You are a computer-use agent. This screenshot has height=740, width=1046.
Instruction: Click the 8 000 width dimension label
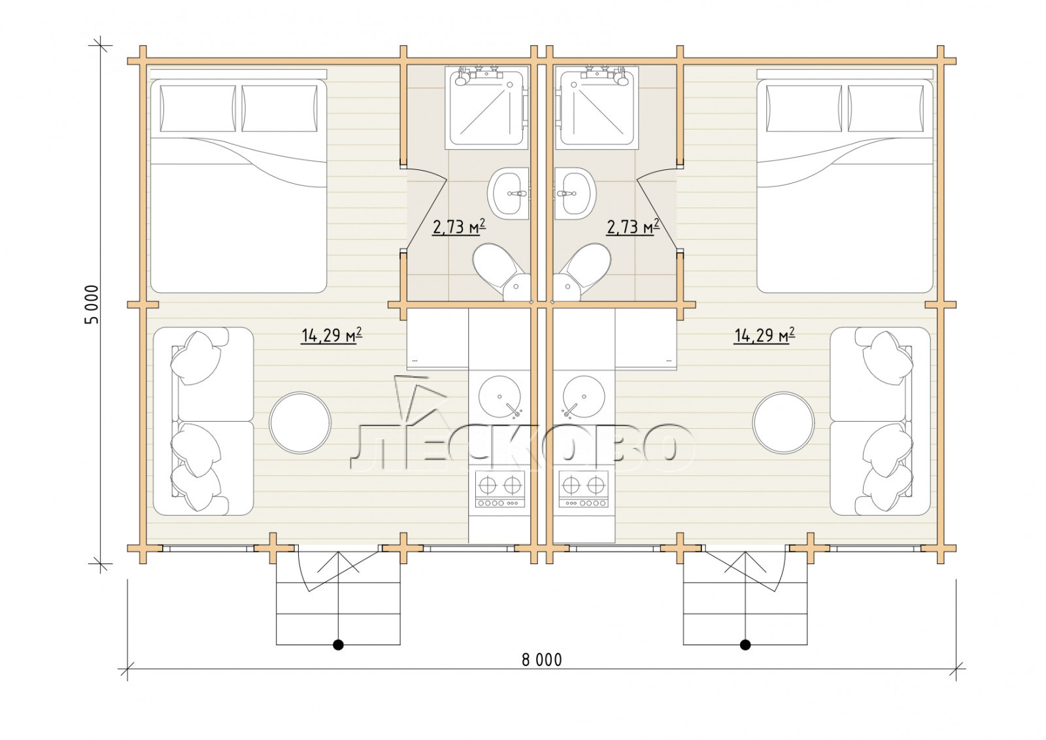click(542, 660)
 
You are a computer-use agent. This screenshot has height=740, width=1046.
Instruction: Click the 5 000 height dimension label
click(92, 305)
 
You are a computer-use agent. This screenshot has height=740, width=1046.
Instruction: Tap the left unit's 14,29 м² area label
click(331, 336)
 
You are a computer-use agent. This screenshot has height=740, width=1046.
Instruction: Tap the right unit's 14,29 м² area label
click(764, 336)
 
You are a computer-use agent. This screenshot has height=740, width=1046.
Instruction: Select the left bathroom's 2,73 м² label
click(459, 227)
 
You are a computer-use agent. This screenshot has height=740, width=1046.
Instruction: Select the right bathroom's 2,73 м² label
click(633, 227)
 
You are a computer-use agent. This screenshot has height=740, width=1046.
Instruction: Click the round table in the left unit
click(300, 422)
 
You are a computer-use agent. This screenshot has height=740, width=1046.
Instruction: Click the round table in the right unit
click(784, 422)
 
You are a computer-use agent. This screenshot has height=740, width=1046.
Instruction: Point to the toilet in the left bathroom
click(501, 272)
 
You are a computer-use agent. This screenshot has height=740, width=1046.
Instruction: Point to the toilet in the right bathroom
click(582, 272)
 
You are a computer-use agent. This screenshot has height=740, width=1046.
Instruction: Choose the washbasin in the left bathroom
click(508, 193)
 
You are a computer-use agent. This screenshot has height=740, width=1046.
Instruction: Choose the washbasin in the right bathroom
click(575, 193)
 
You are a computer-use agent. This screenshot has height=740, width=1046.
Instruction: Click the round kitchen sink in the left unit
click(499, 397)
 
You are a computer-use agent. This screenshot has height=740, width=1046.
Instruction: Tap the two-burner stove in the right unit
click(584, 489)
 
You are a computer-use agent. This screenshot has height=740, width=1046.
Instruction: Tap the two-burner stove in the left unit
click(500, 489)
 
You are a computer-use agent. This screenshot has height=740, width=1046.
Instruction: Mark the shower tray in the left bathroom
click(486, 108)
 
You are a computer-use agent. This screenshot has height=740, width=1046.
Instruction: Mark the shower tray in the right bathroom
click(598, 108)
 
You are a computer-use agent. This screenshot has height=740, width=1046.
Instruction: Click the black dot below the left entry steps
click(338, 645)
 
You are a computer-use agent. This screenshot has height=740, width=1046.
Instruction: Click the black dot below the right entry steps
click(745, 645)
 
